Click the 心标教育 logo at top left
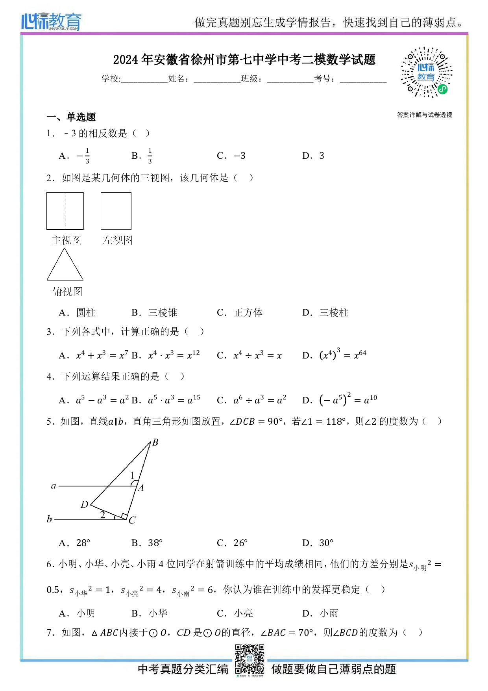(x=51, y=22)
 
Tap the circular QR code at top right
(x=426, y=72)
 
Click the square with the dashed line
(x=65, y=211)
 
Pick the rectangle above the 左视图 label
(x=116, y=211)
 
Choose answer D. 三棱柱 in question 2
(x=325, y=313)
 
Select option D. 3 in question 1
(x=313, y=156)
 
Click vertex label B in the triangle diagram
(x=155, y=442)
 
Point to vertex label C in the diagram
(x=132, y=520)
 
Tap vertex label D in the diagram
(x=84, y=505)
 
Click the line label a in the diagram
(x=54, y=486)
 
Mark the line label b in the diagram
(x=49, y=519)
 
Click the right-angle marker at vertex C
(x=124, y=516)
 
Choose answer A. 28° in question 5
(x=75, y=543)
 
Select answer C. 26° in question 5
(x=232, y=543)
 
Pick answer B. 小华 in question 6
(x=150, y=613)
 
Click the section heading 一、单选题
(x=71, y=117)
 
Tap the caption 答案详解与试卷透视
(x=425, y=115)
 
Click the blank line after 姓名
(x=217, y=79)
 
